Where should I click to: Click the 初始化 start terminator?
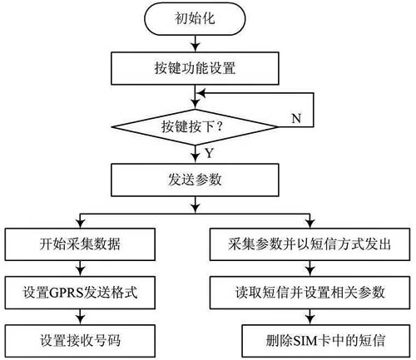pyautogui.click(x=195, y=19)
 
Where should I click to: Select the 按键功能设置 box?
pyautogui.click(x=195, y=68)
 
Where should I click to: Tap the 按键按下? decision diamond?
pyautogui.click(x=195, y=127)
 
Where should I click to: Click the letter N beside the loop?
pyautogui.click(x=296, y=118)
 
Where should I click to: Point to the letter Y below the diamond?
pyautogui.click(x=210, y=153)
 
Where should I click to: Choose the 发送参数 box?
pyautogui.click(x=195, y=180)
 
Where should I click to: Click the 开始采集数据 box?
pyautogui.click(x=80, y=244)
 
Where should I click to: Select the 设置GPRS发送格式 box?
pyautogui.click(x=80, y=293)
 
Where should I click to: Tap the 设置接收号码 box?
pyautogui.click(x=80, y=341)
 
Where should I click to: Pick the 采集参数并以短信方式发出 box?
pyautogui.click(x=310, y=244)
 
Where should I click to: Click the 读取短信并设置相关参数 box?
pyautogui.click(x=310, y=293)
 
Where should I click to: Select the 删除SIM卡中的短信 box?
pyautogui.click(x=326, y=341)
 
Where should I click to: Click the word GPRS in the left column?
pyautogui.click(x=67, y=293)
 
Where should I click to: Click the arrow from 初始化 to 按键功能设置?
pyautogui.click(x=196, y=43)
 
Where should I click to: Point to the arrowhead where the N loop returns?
pyautogui.click(x=201, y=93)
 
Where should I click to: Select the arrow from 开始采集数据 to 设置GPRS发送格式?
pyautogui.click(x=81, y=269)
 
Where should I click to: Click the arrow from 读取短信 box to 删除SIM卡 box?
pyautogui.click(x=310, y=317)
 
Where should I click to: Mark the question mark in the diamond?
pyautogui.click(x=220, y=127)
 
